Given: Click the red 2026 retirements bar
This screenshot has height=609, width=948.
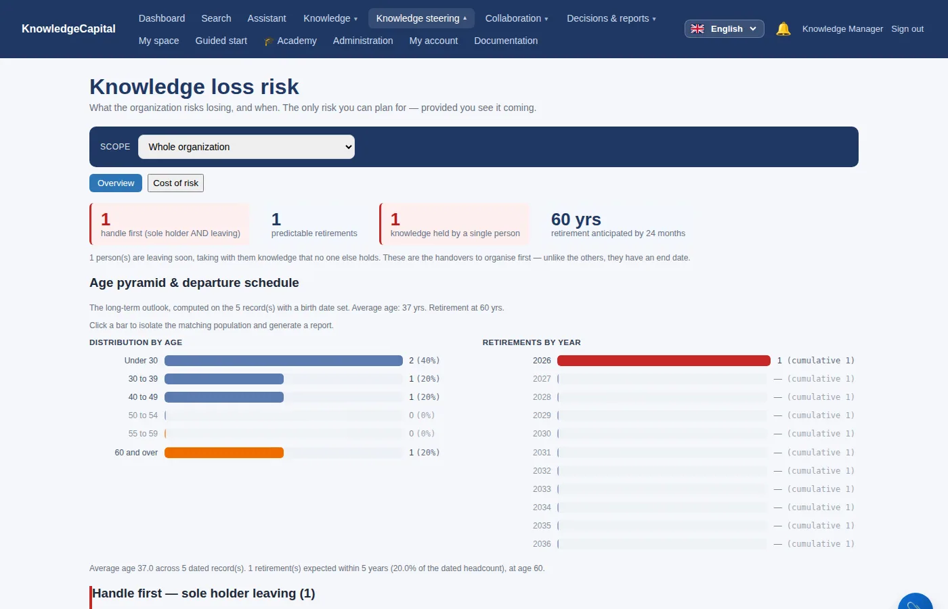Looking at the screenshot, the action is tap(664, 360).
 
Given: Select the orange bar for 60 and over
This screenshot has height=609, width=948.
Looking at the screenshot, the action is tap(224, 453).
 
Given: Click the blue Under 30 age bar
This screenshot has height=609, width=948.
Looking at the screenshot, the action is tap(284, 360).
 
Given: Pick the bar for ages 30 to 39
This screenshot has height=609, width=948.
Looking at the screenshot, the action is tap(224, 379).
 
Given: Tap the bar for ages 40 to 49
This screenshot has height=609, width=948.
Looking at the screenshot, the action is tap(224, 397).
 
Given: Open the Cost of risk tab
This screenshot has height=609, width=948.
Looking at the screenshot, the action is tap(175, 183).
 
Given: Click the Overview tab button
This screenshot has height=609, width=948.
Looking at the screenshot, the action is tap(116, 183).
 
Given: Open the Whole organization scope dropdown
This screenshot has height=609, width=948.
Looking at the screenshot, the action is tap(246, 147).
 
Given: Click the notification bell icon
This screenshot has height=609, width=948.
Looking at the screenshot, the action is tap(783, 28).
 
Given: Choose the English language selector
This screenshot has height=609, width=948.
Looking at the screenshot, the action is tap(724, 28).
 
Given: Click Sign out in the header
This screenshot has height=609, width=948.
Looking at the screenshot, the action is tap(907, 28).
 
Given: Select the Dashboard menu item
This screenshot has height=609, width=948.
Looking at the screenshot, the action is tap(162, 18).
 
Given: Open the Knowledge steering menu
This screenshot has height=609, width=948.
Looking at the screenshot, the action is tap(421, 18).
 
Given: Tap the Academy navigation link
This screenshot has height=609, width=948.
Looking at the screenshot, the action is tap(290, 41).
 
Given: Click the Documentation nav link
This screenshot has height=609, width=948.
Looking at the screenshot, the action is tap(506, 41).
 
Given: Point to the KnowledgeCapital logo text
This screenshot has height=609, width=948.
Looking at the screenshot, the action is tap(68, 28).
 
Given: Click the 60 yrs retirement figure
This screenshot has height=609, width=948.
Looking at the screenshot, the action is tap(576, 219).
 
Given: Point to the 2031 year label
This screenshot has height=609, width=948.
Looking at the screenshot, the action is tap(542, 453).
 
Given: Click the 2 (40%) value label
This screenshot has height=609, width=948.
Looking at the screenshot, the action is tap(424, 360).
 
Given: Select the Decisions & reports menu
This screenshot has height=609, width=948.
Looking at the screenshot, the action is tap(611, 18).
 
